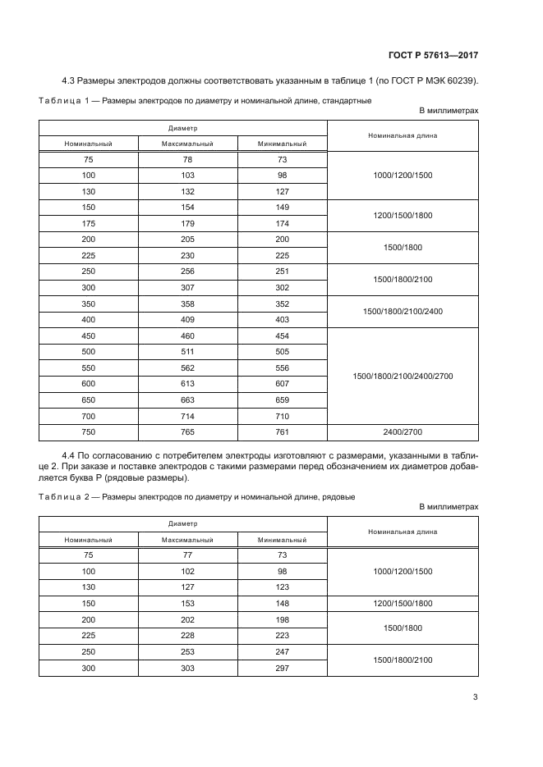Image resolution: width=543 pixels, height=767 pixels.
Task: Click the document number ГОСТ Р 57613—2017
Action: tap(433, 56)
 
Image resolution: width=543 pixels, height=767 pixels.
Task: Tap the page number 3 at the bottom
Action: tap(475, 698)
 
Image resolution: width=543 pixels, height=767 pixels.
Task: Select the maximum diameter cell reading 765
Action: tap(187, 432)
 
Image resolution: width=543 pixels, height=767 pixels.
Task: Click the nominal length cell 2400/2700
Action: tap(403, 432)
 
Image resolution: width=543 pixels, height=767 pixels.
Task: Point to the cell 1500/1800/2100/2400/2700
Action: tap(403, 376)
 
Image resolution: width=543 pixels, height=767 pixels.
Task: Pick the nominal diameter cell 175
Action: tap(88, 224)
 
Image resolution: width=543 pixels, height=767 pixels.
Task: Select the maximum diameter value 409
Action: tap(187, 320)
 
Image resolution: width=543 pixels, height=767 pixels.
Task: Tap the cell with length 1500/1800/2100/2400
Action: tap(403, 312)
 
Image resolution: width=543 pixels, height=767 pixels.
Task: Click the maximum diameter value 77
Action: tap(187, 555)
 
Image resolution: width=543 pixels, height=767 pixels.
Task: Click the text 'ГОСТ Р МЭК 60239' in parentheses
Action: tap(436, 80)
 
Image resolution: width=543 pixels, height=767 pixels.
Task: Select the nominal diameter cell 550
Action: tap(88, 368)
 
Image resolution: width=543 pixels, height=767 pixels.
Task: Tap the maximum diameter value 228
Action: tap(187, 635)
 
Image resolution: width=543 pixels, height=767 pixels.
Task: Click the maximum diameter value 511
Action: tap(187, 352)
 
